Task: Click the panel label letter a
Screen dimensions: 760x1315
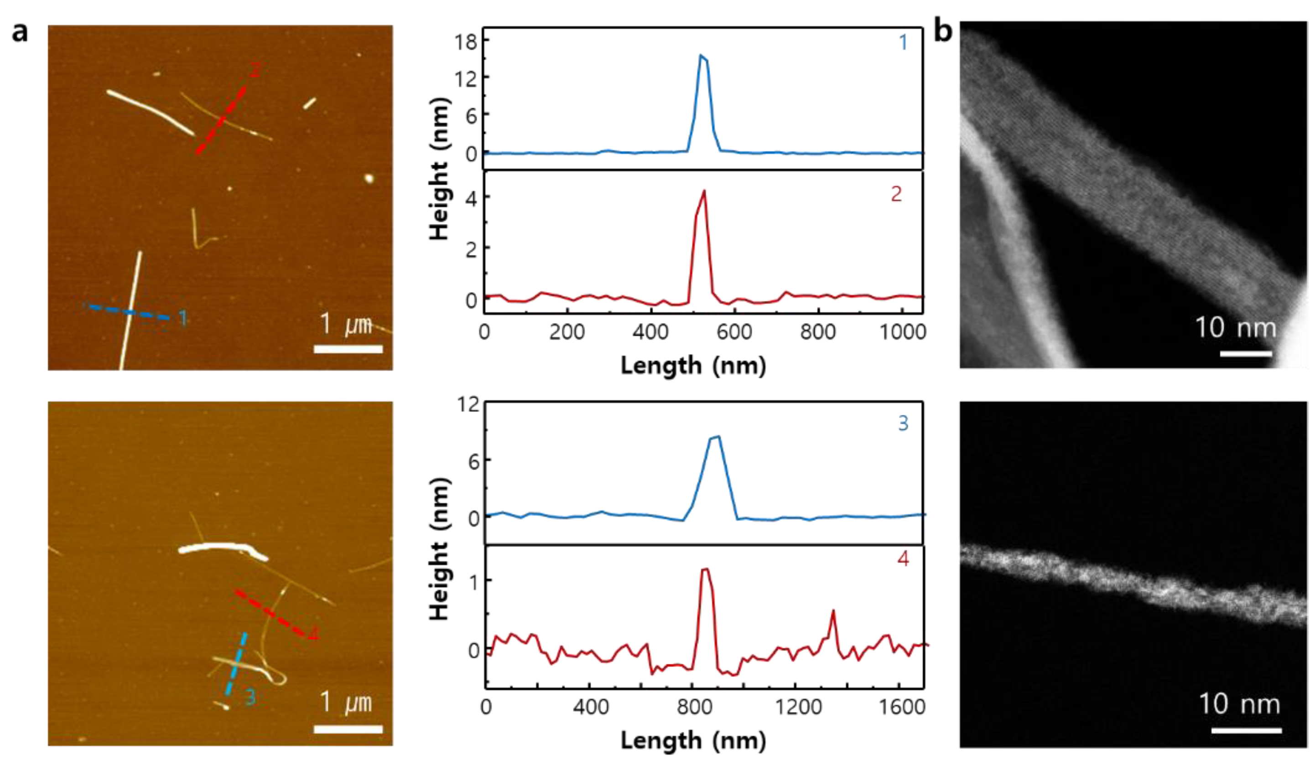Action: coord(20,32)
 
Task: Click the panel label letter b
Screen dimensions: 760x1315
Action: coord(942,31)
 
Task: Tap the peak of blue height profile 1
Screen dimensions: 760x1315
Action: coord(701,55)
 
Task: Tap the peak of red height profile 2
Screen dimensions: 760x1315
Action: coord(704,191)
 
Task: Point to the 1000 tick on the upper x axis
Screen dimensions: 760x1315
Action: coord(903,332)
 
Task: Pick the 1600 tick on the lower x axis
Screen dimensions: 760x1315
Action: coord(901,707)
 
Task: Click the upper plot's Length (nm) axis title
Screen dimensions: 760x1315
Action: coord(693,366)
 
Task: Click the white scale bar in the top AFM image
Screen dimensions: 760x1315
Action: coord(348,349)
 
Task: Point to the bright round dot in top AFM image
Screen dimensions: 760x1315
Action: coord(369,179)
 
